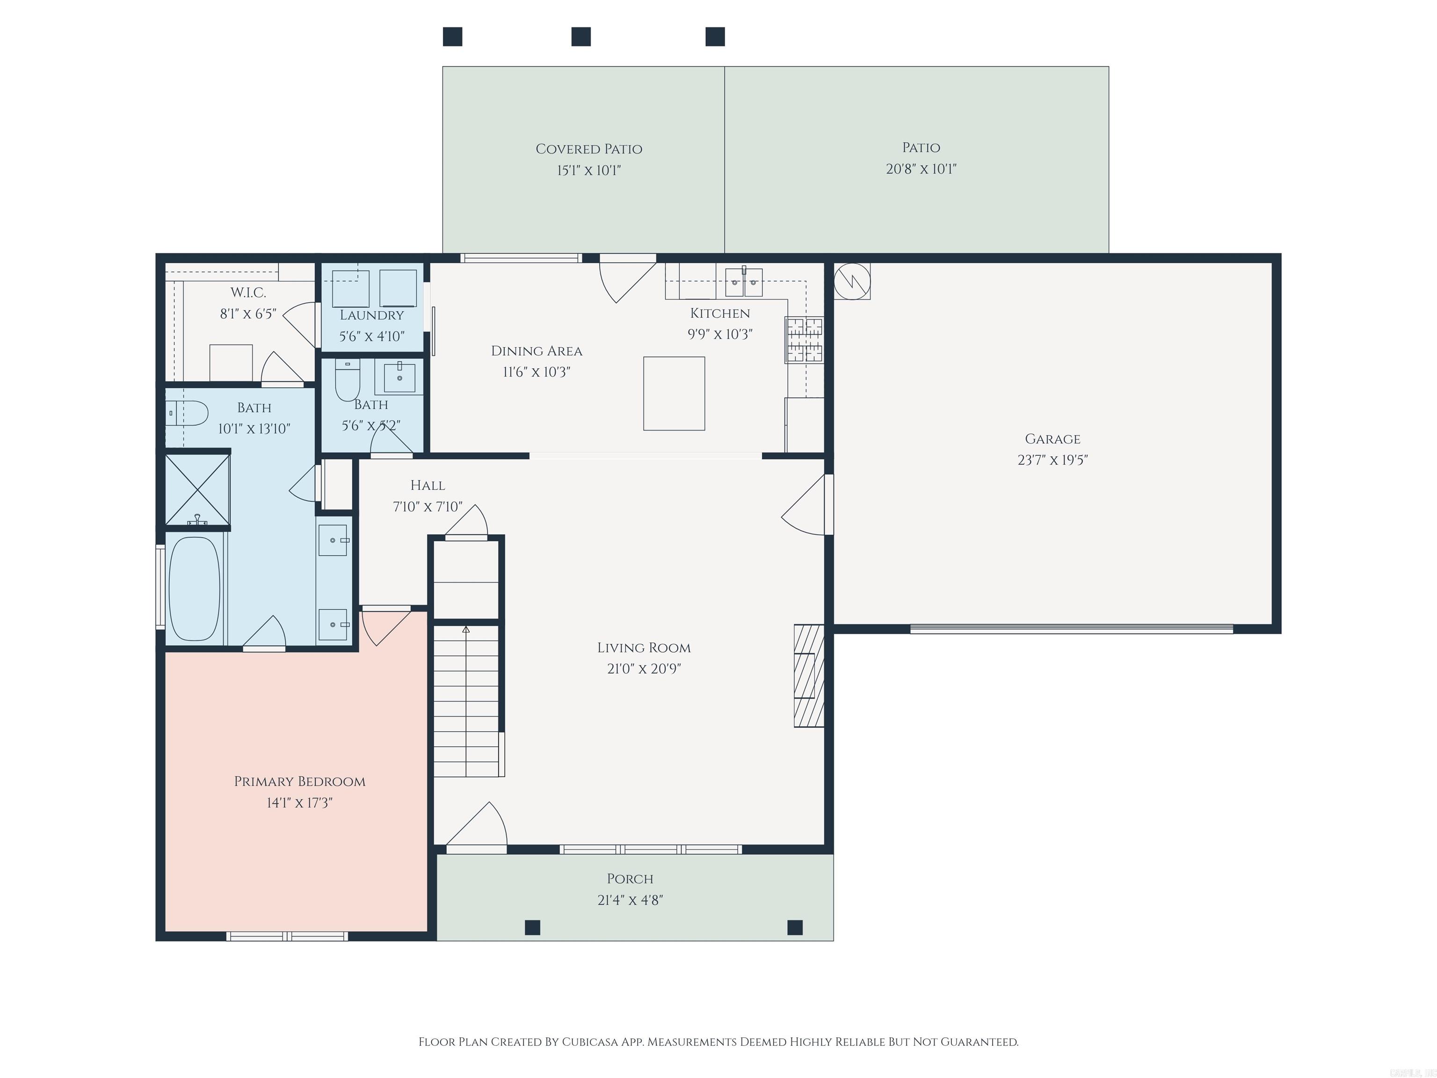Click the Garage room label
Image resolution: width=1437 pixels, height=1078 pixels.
(x=1052, y=439)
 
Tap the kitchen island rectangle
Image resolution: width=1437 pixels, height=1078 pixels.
(x=674, y=393)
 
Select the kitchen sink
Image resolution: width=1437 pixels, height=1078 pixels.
(x=743, y=282)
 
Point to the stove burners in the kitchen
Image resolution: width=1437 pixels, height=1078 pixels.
(x=804, y=340)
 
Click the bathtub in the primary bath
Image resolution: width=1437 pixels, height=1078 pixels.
(x=194, y=589)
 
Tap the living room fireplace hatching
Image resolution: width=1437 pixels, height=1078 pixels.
(x=809, y=676)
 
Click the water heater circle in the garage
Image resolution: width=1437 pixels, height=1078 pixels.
(x=852, y=281)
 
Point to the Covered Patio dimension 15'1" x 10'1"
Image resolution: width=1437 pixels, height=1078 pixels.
(x=588, y=171)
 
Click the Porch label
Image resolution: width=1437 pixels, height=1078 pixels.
(x=630, y=879)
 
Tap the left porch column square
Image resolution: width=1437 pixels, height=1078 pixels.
(x=532, y=927)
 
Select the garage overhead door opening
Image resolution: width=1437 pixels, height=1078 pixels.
(x=1071, y=628)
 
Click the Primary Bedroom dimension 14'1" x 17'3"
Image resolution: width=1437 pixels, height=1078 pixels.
(x=299, y=802)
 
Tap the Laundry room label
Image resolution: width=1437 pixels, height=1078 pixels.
(x=371, y=315)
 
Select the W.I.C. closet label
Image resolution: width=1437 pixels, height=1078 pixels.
(x=248, y=293)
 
